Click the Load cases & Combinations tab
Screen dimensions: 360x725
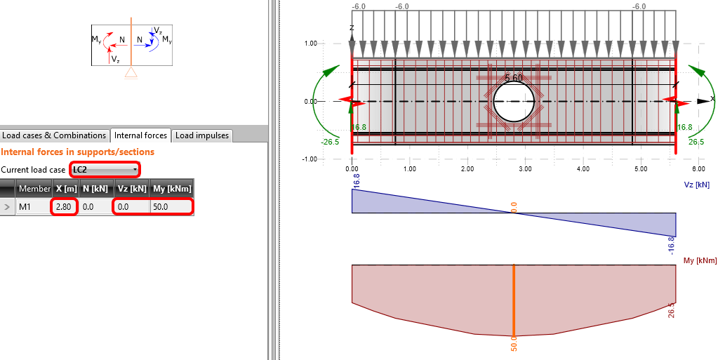(x=54, y=135)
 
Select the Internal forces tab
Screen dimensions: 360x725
(x=140, y=135)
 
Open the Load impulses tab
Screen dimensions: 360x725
(x=201, y=135)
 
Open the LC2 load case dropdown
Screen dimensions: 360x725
(x=105, y=170)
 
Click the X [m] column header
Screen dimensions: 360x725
(x=66, y=189)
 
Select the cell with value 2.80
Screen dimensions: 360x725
(x=64, y=207)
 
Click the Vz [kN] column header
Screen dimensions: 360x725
(x=131, y=189)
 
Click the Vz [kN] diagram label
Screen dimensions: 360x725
(x=697, y=185)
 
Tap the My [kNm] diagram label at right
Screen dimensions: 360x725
(x=699, y=260)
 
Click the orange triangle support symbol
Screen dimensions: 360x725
(x=130, y=74)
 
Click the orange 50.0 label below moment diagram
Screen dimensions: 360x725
(x=514, y=345)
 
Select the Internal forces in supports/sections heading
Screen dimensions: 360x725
(x=77, y=152)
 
